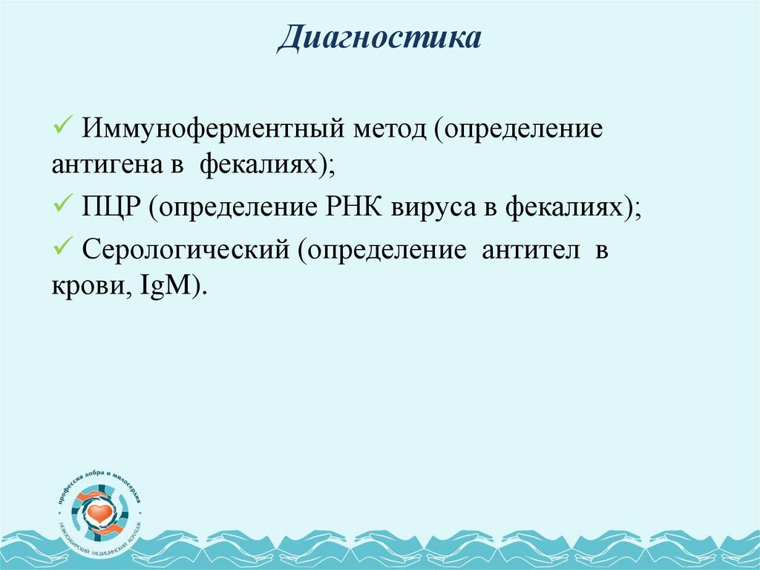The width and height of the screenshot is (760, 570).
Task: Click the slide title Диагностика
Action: click(x=379, y=39)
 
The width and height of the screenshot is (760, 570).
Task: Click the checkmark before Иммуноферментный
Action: click(x=63, y=123)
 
